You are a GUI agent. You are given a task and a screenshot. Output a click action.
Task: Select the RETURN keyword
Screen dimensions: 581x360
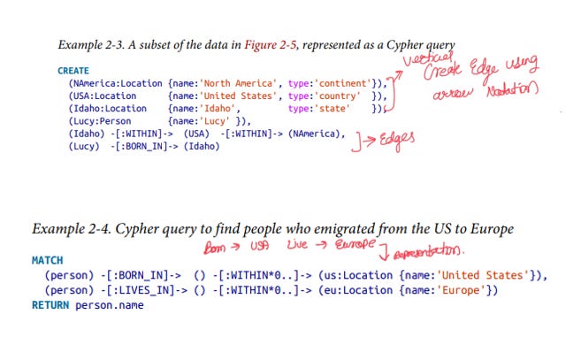coord(50,305)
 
